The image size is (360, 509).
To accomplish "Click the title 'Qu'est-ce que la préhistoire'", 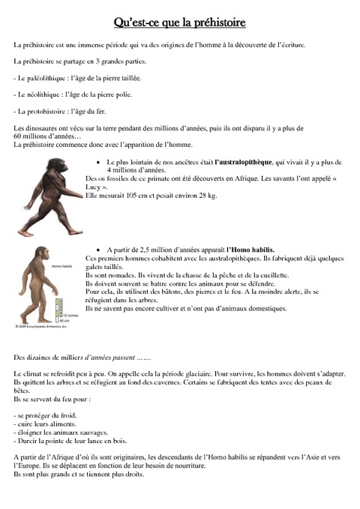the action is (179, 24).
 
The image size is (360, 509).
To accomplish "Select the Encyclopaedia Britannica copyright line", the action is (43, 326).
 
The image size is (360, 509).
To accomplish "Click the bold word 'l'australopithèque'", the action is (244, 162).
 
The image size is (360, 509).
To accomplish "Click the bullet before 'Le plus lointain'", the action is (100, 162).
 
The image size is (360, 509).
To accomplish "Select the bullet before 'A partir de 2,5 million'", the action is (100, 249).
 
